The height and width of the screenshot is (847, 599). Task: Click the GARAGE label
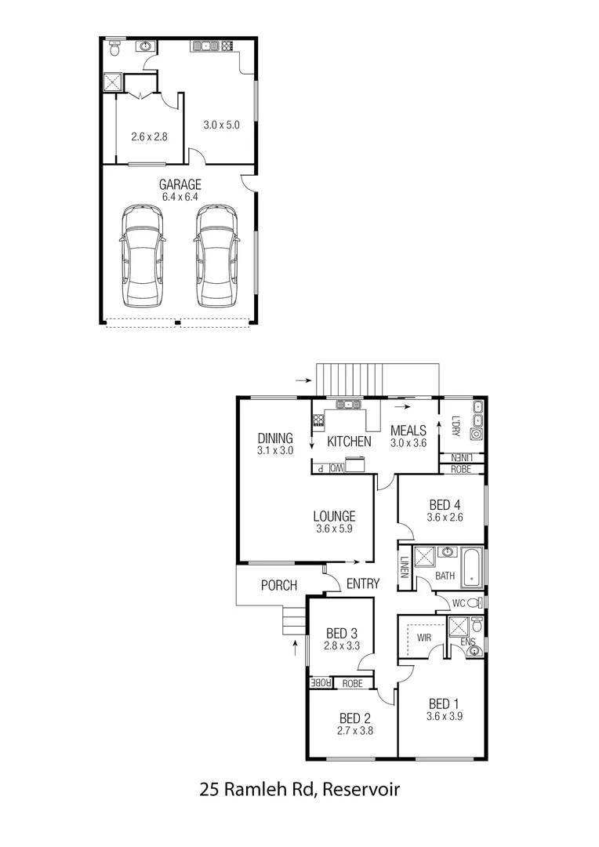pyautogui.click(x=180, y=184)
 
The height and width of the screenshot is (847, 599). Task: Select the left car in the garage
pyautogui.click(x=142, y=256)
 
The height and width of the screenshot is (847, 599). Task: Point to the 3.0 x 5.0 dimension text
pyautogui.click(x=220, y=125)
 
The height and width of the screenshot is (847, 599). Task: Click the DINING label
pyautogui.click(x=274, y=438)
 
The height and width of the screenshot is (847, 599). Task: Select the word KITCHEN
pyautogui.click(x=349, y=442)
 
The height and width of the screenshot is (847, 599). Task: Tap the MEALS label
pyautogui.click(x=408, y=431)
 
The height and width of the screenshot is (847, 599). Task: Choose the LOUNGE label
pyautogui.click(x=335, y=516)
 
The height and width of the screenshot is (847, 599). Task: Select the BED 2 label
pyautogui.click(x=355, y=718)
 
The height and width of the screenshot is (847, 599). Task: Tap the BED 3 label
pyautogui.click(x=340, y=633)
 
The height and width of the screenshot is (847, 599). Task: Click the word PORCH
pyautogui.click(x=279, y=585)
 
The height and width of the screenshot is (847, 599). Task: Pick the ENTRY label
pyautogui.click(x=362, y=584)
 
